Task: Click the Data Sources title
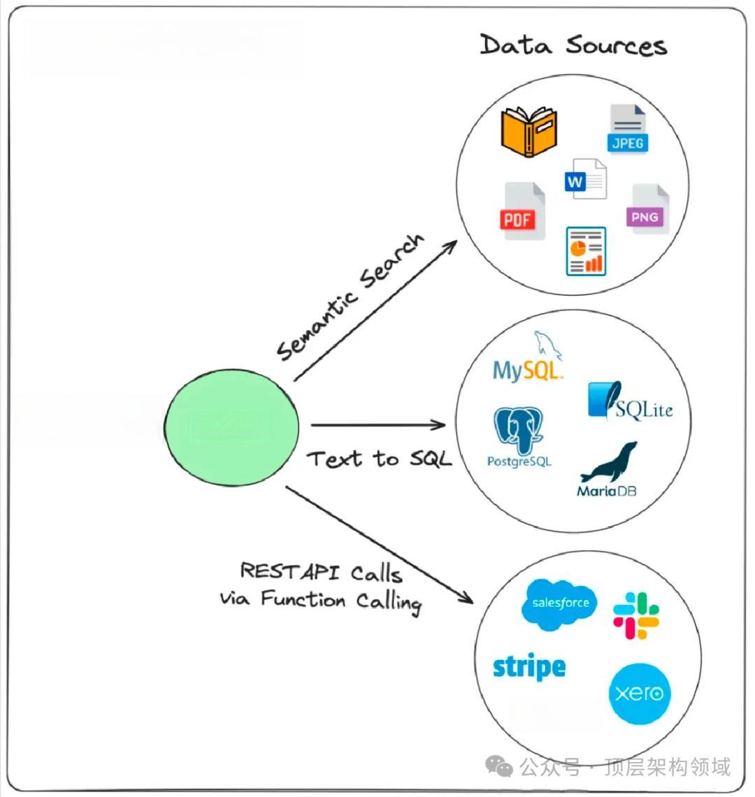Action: click(573, 45)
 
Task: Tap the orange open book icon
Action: click(529, 131)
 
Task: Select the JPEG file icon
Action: click(627, 129)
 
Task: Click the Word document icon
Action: click(585, 179)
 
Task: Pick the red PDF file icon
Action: click(524, 211)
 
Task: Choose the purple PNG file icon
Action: click(649, 209)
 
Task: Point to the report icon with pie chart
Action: click(586, 251)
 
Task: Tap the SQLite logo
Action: click(631, 402)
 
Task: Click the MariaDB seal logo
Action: click(608, 470)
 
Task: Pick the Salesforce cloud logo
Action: click(559, 603)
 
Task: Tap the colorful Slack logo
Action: click(636, 615)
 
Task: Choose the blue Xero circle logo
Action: click(640, 694)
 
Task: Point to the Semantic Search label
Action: click(350, 297)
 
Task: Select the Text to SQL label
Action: click(379, 459)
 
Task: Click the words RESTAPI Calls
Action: click(321, 572)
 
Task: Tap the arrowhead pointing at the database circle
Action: click(440, 424)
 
